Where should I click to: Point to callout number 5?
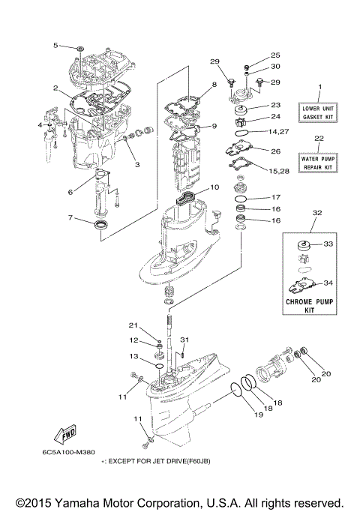(55, 46)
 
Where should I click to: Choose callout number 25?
(274, 55)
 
